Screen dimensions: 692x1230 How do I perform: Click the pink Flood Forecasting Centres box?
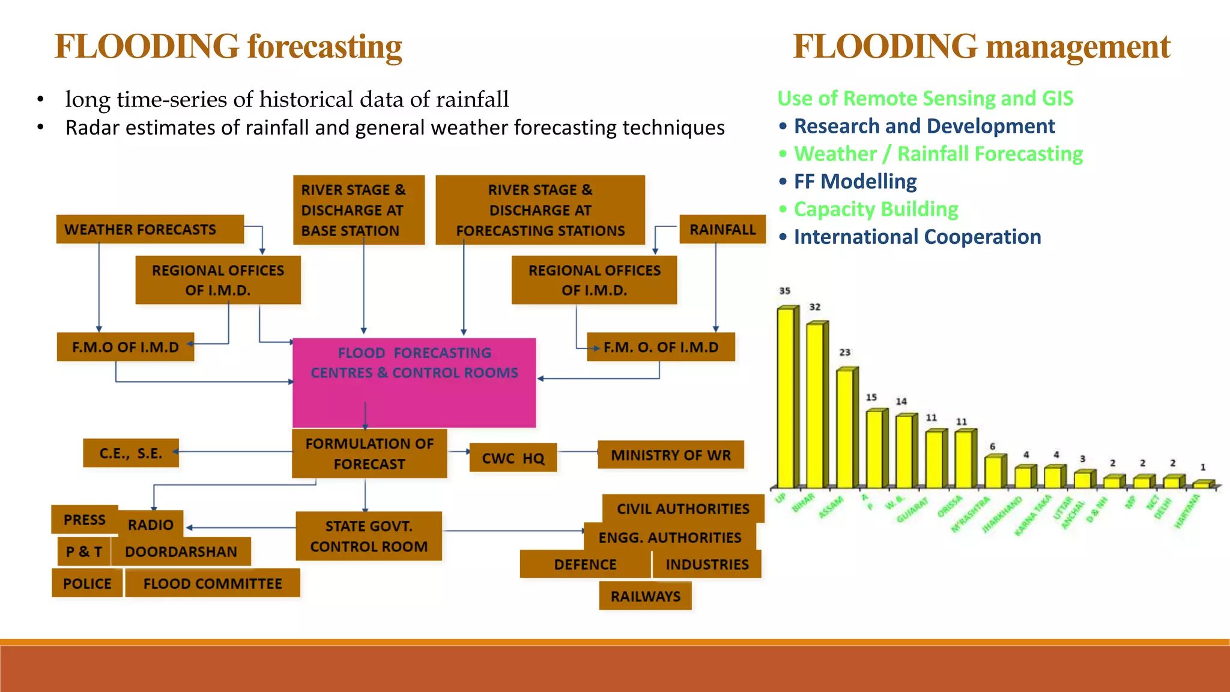coord(414,382)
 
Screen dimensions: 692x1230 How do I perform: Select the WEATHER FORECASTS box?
coord(150,229)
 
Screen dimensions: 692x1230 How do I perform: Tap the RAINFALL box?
coord(722,229)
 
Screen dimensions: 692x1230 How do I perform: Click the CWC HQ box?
coord(513,458)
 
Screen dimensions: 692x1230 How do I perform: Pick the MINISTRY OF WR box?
coord(671,455)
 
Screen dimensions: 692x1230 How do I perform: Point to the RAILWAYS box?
coord(645,596)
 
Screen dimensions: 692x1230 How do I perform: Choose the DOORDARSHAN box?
coord(181,551)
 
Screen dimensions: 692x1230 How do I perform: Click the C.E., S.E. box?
coord(131,453)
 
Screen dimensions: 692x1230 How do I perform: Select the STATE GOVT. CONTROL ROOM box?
coord(369,536)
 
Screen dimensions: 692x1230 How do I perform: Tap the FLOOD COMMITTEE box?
coord(213,583)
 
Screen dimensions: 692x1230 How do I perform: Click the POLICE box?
coord(87,583)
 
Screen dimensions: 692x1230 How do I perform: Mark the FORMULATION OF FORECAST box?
coord(369,454)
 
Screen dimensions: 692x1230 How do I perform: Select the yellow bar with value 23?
coord(846,428)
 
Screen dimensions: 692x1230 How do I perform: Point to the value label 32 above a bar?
coord(814,307)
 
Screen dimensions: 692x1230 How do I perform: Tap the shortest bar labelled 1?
coord(1202,484)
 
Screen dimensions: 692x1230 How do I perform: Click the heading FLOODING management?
coord(981,47)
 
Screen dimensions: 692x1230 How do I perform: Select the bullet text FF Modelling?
coord(855,181)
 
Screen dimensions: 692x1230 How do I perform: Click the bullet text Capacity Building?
coord(876,209)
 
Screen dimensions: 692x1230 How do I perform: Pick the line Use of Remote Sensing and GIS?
coord(925,98)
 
